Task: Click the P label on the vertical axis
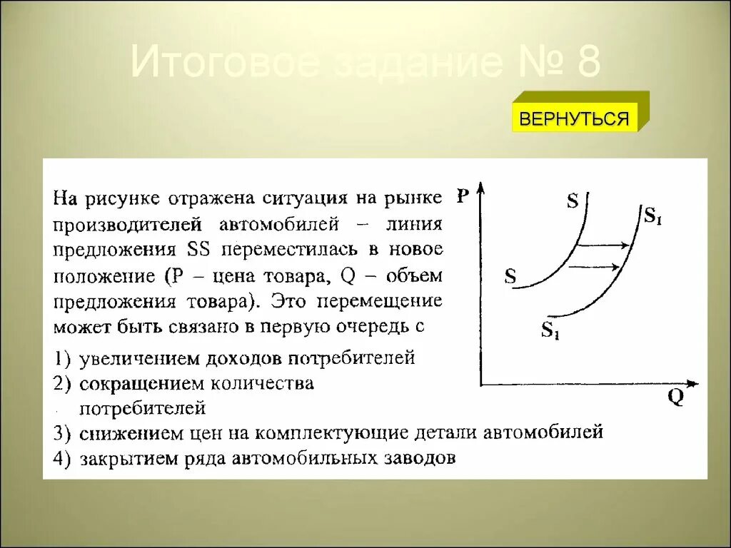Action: tap(463, 196)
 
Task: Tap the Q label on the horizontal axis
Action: tap(675, 397)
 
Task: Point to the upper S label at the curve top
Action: tap(573, 201)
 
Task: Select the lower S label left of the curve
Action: tap(510, 277)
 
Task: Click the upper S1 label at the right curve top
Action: tap(653, 215)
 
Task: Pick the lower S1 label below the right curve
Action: tap(550, 330)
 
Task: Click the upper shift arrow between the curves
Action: tap(602, 245)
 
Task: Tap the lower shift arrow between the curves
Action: tap(594, 267)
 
